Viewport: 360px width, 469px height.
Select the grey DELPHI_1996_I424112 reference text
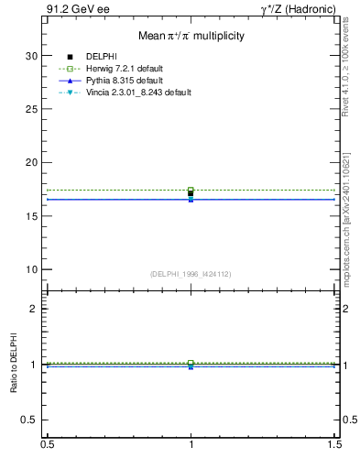(x=190, y=274)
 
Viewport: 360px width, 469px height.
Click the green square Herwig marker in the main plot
(x=191, y=190)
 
